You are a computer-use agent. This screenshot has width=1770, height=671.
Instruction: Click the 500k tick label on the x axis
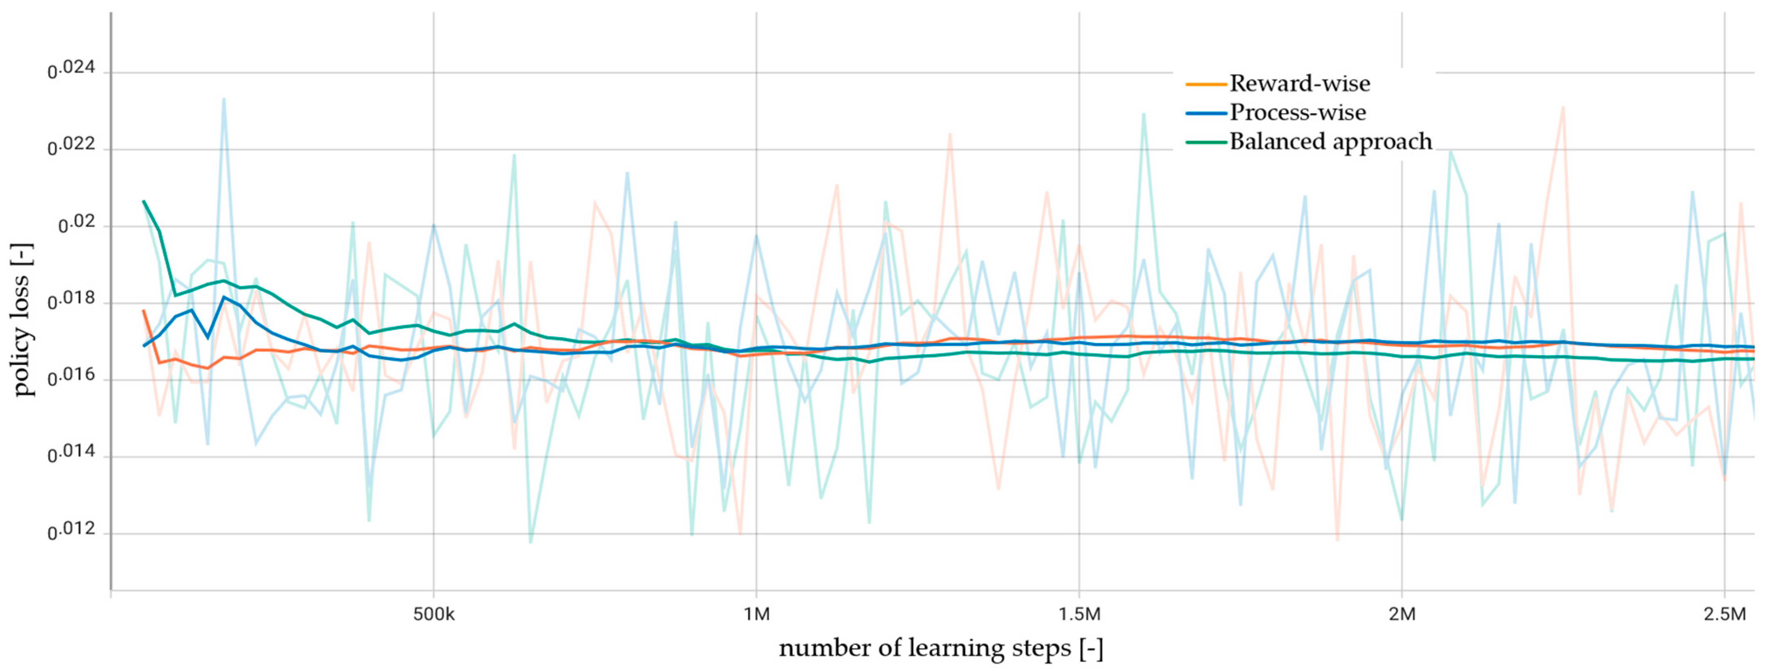coord(434,614)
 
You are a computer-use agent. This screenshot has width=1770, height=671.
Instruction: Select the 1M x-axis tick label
coord(756,614)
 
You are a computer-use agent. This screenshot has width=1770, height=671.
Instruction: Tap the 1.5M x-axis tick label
coord(1079,614)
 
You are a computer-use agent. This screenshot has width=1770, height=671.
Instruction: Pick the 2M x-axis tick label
coord(1402,614)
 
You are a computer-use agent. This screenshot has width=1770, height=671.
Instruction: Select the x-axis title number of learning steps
coord(941,648)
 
